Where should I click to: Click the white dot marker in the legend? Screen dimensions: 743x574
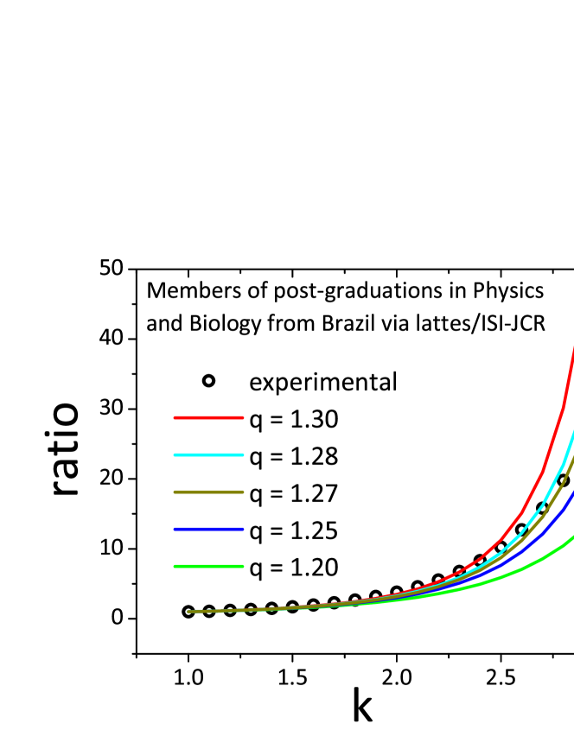[x=208, y=380]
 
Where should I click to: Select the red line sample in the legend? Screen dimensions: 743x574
[x=208, y=417]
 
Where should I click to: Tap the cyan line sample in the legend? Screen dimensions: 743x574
[x=208, y=454]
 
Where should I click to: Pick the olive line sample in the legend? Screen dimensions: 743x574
[x=208, y=492]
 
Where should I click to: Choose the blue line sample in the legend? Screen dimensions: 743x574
[x=208, y=529]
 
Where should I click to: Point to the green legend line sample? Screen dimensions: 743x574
[x=208, y=566]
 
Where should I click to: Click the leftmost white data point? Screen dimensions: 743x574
[x=188, y=612]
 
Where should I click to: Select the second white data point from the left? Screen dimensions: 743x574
[x=209, y=611]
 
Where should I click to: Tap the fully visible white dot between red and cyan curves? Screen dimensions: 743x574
[x=501, y=547]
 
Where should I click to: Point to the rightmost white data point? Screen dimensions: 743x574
[x=564, y=480]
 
